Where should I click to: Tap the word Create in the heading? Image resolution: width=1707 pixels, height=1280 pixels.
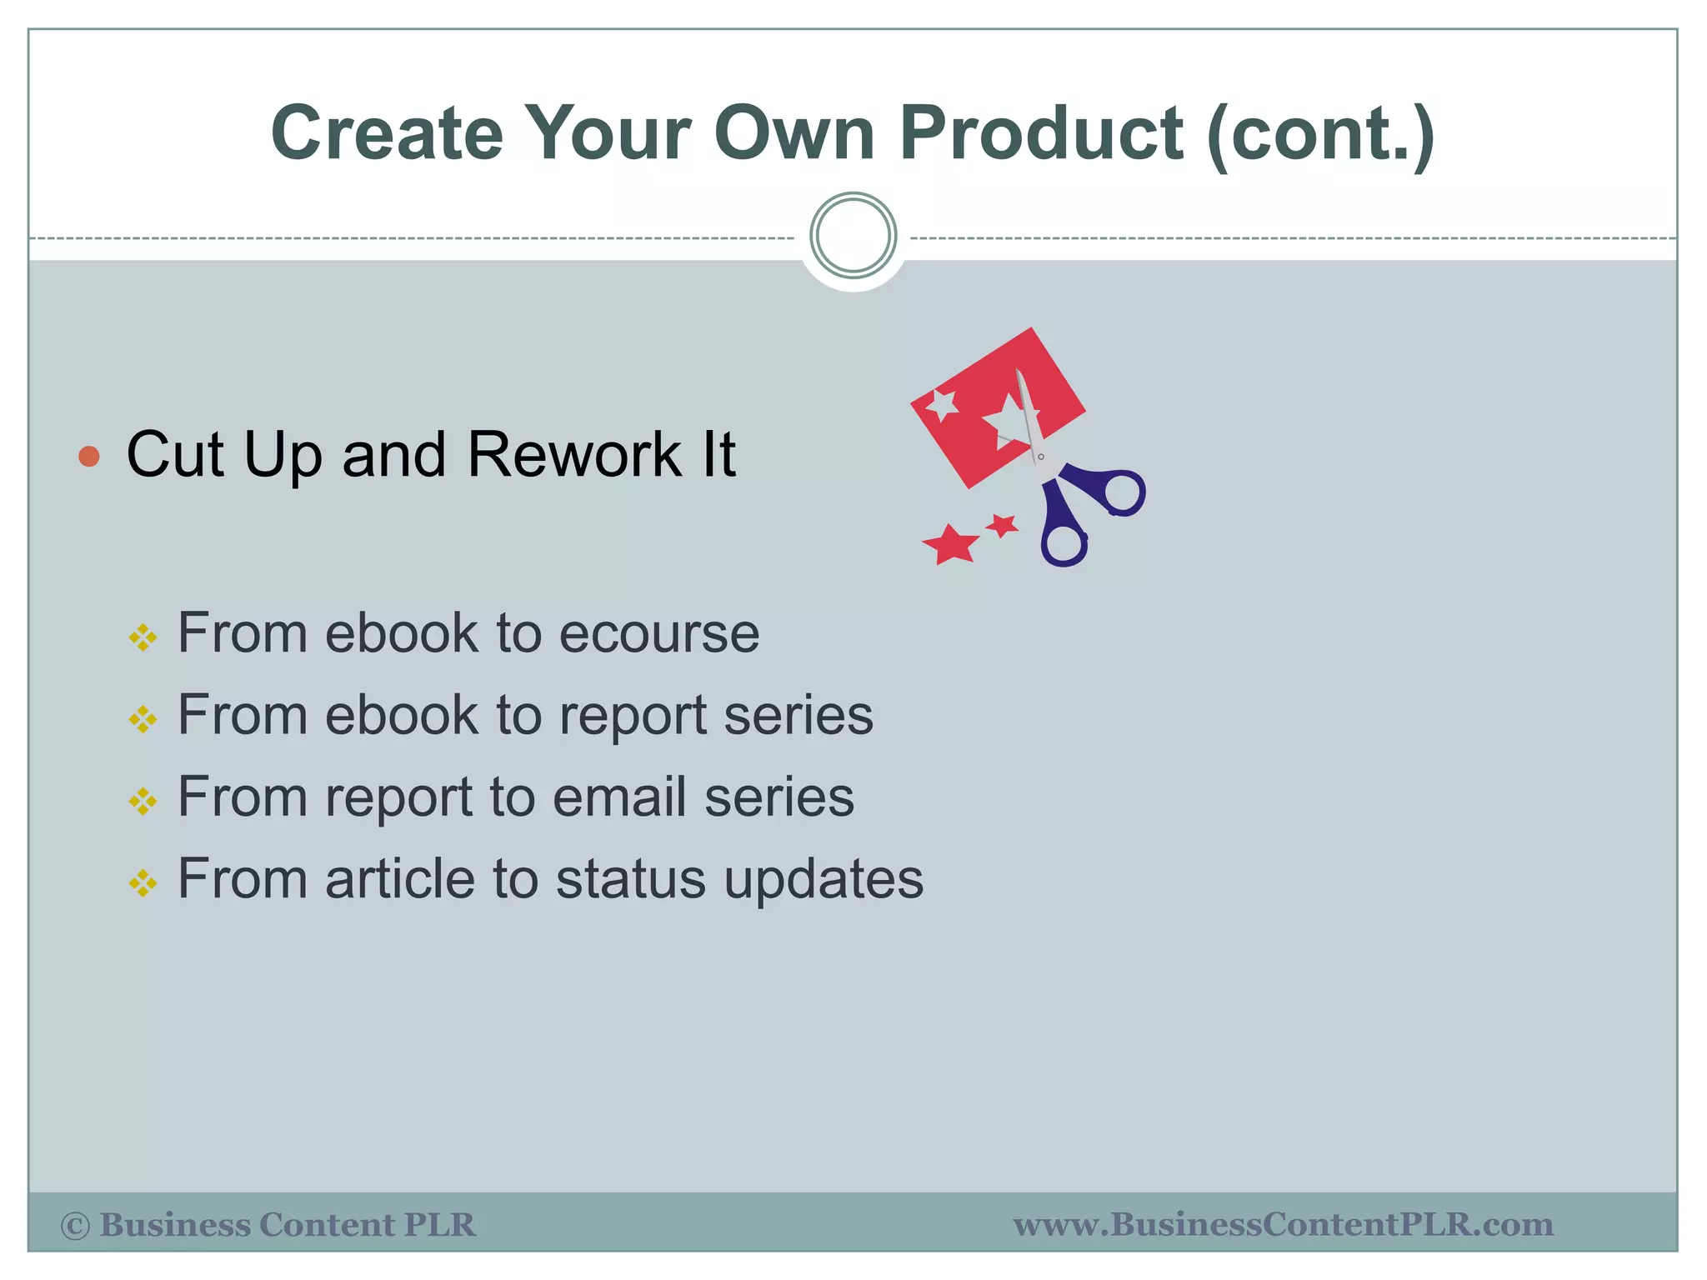click(387, 133)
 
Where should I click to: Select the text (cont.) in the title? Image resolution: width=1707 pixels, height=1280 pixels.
click(1320, 135)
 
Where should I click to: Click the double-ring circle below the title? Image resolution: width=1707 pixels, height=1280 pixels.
click(853, 236)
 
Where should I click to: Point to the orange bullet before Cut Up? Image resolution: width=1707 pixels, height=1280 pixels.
click(89, 456)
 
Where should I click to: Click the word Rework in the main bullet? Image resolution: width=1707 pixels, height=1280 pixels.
click(574, 455)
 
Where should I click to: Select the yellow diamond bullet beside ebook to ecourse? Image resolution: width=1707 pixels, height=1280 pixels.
click(143, 638)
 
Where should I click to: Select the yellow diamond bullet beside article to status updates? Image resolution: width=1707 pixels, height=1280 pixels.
click(143, 883)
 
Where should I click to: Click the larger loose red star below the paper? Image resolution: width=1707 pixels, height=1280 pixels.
click(950, 545)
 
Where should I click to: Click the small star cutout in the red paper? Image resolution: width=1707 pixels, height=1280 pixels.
click(944, 404)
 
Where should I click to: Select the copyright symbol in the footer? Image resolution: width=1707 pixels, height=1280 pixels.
click(75, 1226)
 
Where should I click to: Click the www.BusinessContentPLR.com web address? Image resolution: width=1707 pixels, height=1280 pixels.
click(1283, 1225)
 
